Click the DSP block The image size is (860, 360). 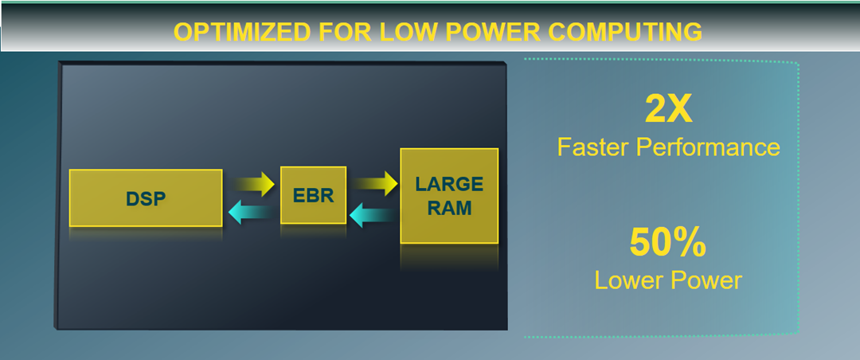[x=146, y=198]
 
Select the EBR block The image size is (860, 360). [x=313, y=195]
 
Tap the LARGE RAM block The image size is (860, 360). [x=449, y=196]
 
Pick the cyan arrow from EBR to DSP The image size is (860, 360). [x=248, y=212]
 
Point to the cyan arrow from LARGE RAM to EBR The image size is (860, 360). [x=372, y=213]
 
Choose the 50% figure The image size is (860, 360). [x=667, y=244]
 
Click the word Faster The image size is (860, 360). [x=594, y=147]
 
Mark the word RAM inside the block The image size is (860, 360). [x=449, y=209]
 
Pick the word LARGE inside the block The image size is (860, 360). [x=449, y=185]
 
